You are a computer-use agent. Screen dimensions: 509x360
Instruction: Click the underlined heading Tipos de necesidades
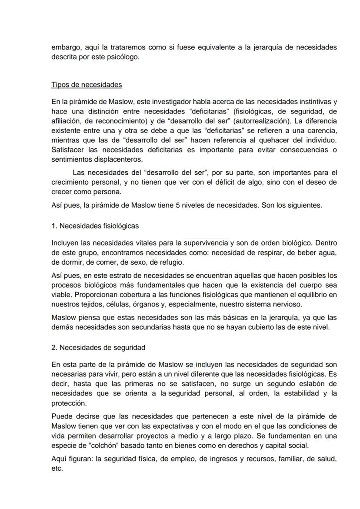pos(87,84)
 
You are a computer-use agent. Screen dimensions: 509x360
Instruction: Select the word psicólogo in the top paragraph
pos(127,57)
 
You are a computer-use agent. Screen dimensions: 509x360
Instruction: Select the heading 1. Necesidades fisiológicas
pos(95,226)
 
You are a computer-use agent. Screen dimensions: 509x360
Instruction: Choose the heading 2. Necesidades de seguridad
pos(98,347)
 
